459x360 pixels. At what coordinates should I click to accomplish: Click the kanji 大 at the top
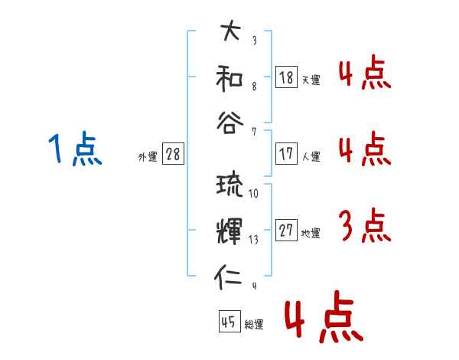[x=230, y=33]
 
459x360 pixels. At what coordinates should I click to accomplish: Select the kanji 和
[x=230, y=78]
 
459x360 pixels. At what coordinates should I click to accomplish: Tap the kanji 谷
[x=230, y=123]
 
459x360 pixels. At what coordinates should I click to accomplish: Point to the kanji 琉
[x=229, y=185]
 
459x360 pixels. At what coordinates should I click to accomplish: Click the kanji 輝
[x=229, y=231]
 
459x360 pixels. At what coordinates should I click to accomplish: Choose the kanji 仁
[x=229, y=276]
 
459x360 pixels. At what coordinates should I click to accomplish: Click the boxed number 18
[x=286, y=77]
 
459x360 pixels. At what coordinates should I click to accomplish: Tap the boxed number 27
[x=286, y=231]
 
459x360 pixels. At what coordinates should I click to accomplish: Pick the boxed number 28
[x=173, y=154]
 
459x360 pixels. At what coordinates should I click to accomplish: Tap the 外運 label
[x=148, y=156]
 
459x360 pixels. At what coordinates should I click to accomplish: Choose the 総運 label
[x=253, y=325]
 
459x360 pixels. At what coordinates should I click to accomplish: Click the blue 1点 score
[x=75, y=149]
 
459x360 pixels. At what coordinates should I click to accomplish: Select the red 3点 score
[x=364, y=227]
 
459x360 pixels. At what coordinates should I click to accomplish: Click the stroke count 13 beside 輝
[x=253, y=239]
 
